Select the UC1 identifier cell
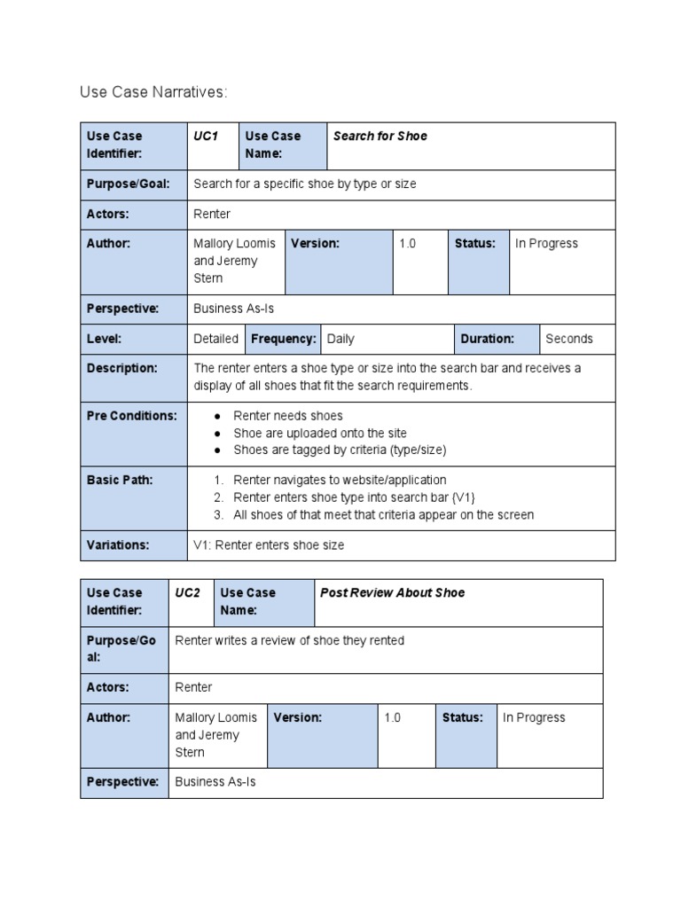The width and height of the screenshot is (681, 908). pyautogui.click(x=205, y=137)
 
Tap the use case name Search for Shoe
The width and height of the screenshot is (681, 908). pyautogui.click(x=380, y=137)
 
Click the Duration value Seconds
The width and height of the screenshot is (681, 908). pyautogui.click(x=569, y=339)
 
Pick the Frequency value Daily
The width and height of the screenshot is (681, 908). pyautogui.click(x=340, y=339)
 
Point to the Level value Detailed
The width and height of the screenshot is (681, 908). pyautogui.click(x=215, y=339)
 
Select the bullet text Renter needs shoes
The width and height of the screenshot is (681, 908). pyautogui.click(x=287, y=416)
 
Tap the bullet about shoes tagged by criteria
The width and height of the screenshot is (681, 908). pyautogui.click(x=340, y=450)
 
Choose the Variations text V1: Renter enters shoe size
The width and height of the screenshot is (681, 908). pyautogui.click(x=269, y=545)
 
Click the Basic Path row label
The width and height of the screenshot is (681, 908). pyautogui.click(x=120, y=480)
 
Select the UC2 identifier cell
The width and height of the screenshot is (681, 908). pyautogui.click(x=188, y=592)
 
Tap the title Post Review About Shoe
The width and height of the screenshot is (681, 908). pyautogui.click(x=392, y=592)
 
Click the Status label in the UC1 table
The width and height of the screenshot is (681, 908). pyautogui.click(x=474, y=243)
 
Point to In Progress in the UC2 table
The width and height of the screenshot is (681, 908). pyautogui.click(x=534, y=718)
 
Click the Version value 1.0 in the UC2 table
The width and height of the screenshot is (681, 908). pyautogui.click(x=393, y=718)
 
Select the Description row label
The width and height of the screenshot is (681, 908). pyautogui.click(x=122, y=368)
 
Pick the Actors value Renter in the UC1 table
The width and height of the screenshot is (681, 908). pyautogui.click(x=212, y=214)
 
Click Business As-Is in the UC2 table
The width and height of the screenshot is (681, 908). pyautogui.click(x=215, y=782)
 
